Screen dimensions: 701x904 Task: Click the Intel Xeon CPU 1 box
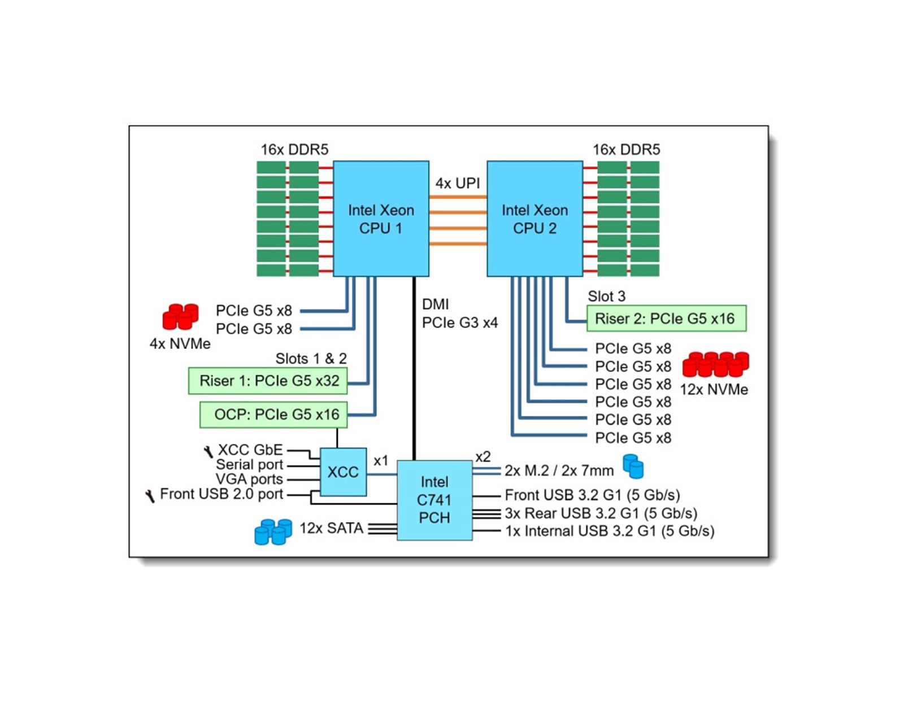click(381, 219)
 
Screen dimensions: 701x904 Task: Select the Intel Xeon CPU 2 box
click(534, 219)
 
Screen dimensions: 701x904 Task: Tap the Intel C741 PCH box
click(434, 500)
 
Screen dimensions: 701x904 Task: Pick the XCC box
click(343, 472)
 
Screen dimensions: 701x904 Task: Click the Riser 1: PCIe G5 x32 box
click(268, 381)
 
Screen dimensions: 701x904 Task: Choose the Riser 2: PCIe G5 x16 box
click(666, 319)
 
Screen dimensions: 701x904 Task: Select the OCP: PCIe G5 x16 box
click(273, 415)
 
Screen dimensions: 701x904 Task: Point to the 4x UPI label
click(457, 183)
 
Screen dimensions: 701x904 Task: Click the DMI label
click(436, 304)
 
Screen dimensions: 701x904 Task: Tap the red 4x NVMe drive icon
click(180, 316)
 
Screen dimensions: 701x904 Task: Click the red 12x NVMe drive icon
click(715, 364)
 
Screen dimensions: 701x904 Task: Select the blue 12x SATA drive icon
click(273, 532)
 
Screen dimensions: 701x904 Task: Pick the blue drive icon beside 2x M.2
click(633, 467)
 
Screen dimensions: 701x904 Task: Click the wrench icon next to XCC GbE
click(208, 451)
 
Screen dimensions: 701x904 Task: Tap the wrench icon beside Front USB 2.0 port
click(150, 496)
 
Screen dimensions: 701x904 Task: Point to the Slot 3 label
click(606, 296)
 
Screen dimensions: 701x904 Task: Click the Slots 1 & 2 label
click(311, 359)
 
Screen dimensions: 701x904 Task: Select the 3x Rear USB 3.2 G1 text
click(601, 513)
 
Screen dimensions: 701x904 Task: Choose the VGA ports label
click(249, 479)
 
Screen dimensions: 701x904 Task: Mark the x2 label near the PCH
click(483, 456)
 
